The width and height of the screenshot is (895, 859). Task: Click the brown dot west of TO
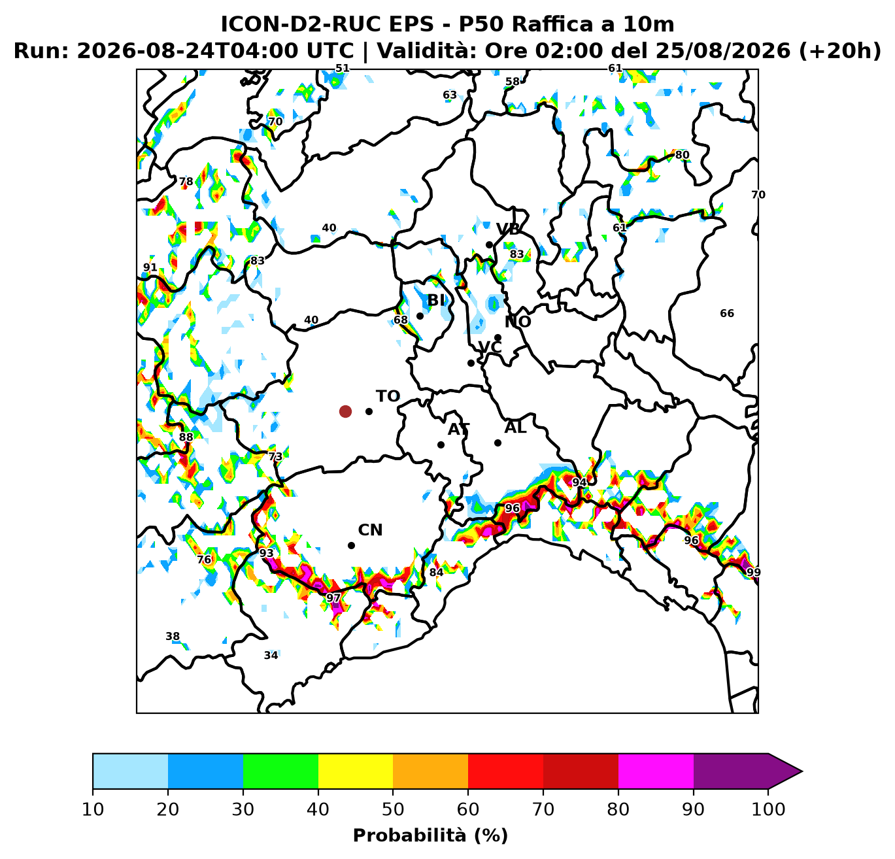coord(345,412)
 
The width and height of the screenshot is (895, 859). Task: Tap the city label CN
coord(370,530)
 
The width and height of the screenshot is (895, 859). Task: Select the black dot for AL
coord(498,443)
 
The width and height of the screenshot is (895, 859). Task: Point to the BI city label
coord(436,300)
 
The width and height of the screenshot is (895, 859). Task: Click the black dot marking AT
coord(441,445)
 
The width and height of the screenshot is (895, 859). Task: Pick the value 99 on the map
coord(753,573)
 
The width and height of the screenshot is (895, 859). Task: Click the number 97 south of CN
coord(333,598)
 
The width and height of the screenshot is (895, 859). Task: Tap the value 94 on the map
coord(579,482)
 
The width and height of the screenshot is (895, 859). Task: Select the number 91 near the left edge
coord(150,267)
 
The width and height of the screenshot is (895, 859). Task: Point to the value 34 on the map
coord(271,655)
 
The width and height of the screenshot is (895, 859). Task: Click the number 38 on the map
coord(173,637)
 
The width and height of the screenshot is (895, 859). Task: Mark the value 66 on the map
coord(727,314)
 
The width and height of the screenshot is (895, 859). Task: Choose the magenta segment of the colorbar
coord(656,771)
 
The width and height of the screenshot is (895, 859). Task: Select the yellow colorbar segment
coord(356,771)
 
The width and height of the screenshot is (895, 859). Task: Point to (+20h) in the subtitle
coord(840,51)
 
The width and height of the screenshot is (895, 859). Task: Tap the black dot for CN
coord(351,545)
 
